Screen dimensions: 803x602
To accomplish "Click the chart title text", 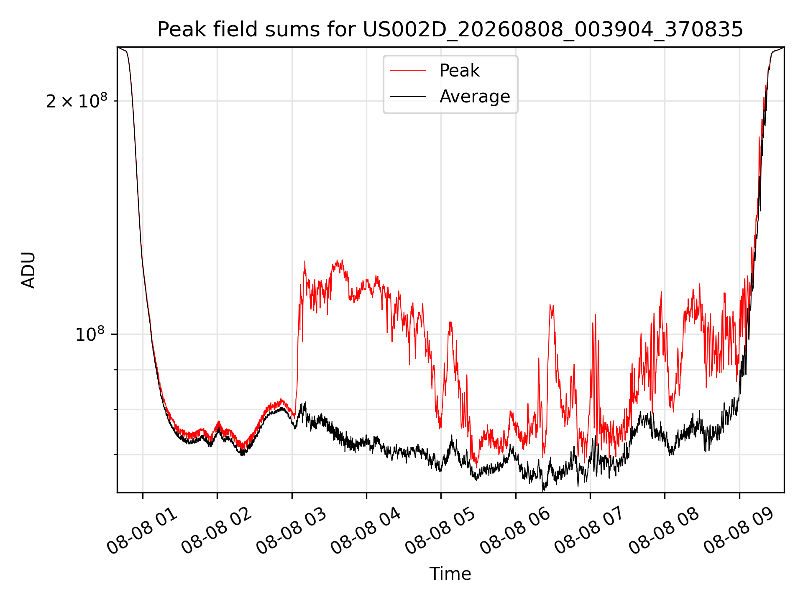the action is (x=450, y=30).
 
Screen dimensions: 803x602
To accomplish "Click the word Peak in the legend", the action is (x=459, y=71).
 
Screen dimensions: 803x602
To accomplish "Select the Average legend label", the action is (x=475, y=97).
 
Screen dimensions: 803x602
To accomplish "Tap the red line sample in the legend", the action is (x=408, y=71).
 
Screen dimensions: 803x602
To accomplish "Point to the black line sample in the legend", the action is (x=408, y=97).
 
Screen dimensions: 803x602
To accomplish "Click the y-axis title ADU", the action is (x=28, y=270).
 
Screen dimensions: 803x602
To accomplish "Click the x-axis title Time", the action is (x=450, y=574).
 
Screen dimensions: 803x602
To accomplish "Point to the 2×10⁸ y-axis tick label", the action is (x=77, y=100).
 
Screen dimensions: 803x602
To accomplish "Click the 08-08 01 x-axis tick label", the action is (x=142, y=531).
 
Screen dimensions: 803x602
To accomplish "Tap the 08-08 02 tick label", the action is (x=217, y=531).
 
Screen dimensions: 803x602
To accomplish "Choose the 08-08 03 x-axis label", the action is (x=292, y=531).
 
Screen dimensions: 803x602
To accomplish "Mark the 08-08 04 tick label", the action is (x=366, y=531).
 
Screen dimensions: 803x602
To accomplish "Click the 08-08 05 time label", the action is (x=440, y=531).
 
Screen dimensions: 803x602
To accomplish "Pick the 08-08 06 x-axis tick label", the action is (x=515, y=531).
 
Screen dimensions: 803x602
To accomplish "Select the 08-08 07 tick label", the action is (x=590, y=531).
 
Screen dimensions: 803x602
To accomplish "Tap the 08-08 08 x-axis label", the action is (x=664, y=531).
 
